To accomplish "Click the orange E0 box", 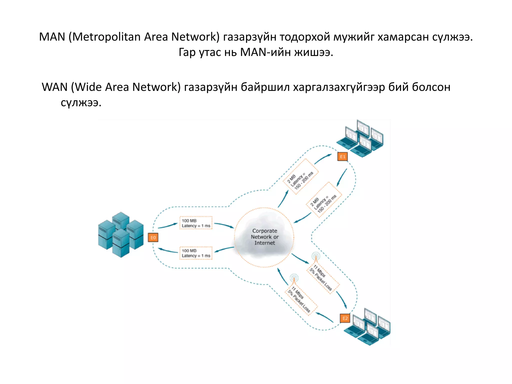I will [153, 237].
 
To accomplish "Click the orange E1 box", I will [342, 157].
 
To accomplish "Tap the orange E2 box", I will [345, 318].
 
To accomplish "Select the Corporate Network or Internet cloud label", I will [264, 237].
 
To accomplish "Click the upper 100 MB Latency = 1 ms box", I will [196, 223].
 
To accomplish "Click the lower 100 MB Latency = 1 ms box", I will [196, 253].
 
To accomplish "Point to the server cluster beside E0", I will [121, 234].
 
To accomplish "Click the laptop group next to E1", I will [360, 139].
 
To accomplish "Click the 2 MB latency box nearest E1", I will [300, 177].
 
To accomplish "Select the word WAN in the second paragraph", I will [54, 87].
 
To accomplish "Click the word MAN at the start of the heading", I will [52, 37].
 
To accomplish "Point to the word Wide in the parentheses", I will [88, 87].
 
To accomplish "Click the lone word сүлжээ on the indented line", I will [81, 102].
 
